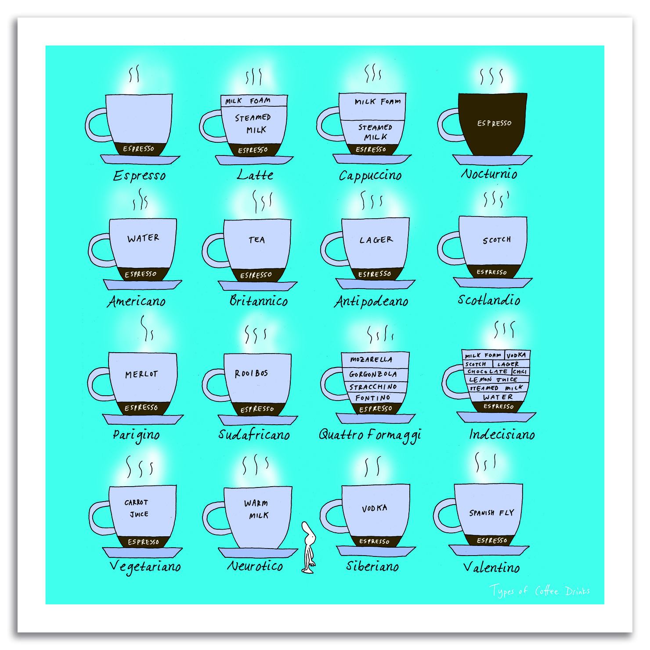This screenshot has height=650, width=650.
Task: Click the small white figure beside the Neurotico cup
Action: point(309,547)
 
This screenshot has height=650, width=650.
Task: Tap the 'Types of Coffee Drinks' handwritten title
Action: point(540,591)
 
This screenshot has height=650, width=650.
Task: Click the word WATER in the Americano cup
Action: point(143,238)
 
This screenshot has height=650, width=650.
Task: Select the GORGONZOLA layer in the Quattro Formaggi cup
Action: point(373,374)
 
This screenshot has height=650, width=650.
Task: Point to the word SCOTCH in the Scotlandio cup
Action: point(497,240)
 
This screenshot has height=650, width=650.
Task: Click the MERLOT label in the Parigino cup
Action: point(141,374)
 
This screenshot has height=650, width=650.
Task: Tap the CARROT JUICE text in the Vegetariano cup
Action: point(137,508)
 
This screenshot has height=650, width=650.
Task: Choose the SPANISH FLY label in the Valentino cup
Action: point(491,513)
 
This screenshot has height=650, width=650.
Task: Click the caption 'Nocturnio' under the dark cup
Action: point(489,174)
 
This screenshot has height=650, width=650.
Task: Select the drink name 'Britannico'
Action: point(259,300)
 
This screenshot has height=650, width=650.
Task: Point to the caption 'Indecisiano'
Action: point(502,434)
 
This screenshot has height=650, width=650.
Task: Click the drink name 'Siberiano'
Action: point(372,566)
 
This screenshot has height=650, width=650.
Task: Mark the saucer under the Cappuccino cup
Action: point(372,159)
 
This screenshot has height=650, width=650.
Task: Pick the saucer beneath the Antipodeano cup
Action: point(376,283)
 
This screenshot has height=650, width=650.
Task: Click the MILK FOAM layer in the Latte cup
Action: point(254,101)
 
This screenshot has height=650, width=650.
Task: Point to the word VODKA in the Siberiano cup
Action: point(375,508)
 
